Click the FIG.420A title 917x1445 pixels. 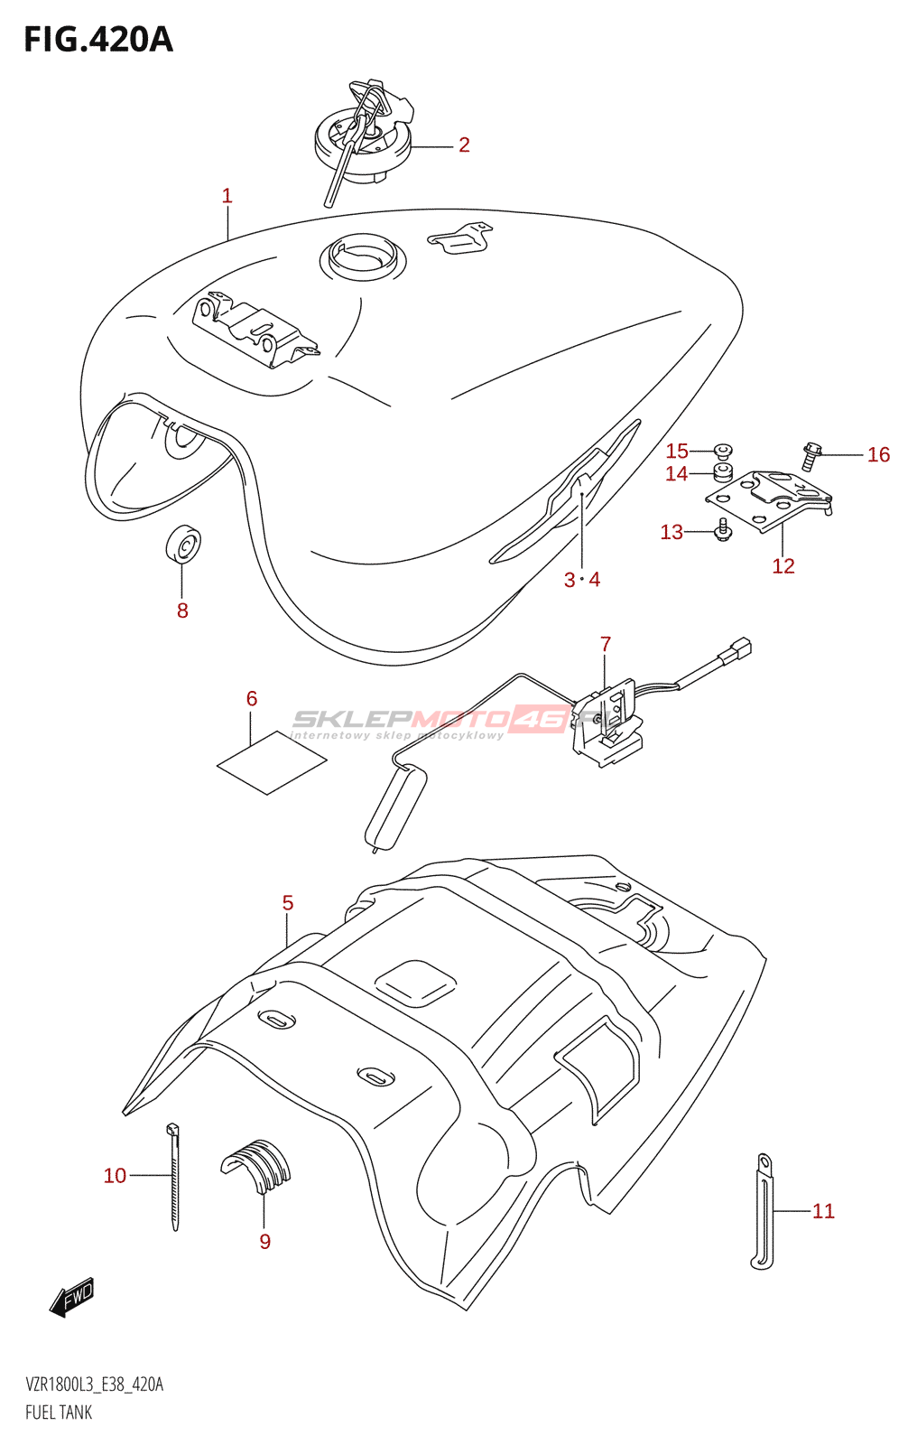[97, 40]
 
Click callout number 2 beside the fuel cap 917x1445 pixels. [464, 144]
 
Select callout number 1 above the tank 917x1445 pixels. [227, 195]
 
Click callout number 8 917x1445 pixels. [182, 611]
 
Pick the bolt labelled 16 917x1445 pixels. [810, 456]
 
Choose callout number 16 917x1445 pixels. [878, 455]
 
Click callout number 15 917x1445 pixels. [677, 451]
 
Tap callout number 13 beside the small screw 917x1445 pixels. [672, 532]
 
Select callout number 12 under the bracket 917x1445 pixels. [783, 566]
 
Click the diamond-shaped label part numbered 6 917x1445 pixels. [272, 764]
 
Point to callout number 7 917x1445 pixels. [606, 644]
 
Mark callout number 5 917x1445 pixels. [288, 903]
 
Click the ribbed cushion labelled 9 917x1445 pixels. [256, 1166]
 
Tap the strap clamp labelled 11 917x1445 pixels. [763, 1211]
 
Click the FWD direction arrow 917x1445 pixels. [73, 1298]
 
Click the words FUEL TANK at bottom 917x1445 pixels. [59, 1412]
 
